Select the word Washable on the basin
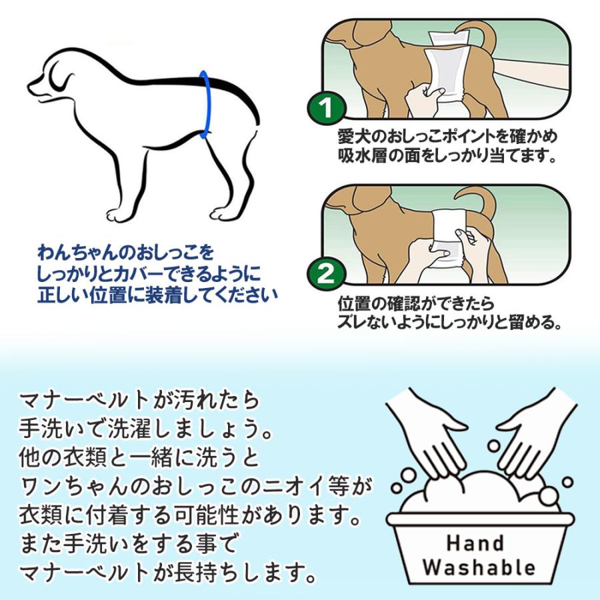pyautogui.click(x=479, y=567)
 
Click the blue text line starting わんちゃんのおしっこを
pyautogui.click(x=127, y=253)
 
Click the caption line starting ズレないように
pyautogui.click(x=447, y=324)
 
